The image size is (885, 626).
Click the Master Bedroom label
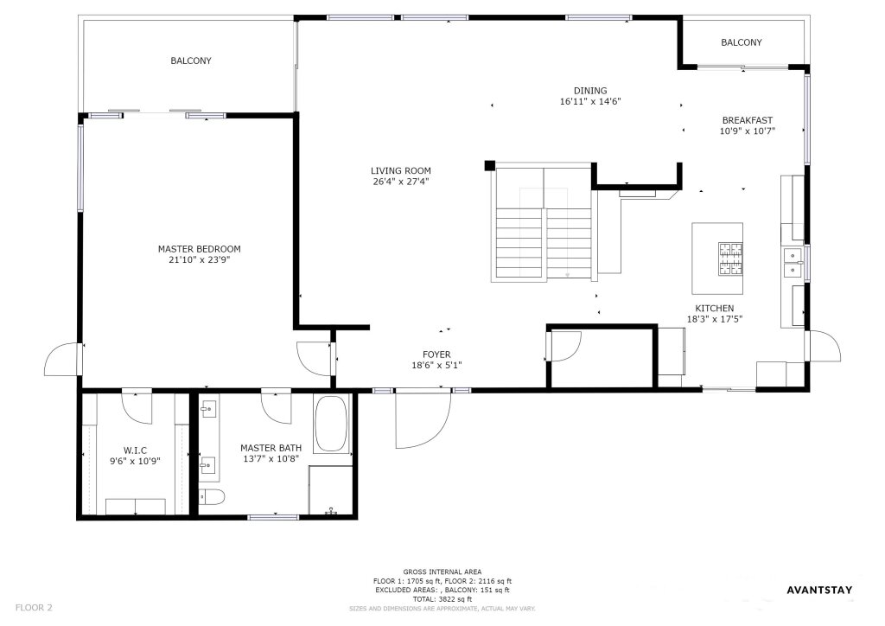tap(200, 249)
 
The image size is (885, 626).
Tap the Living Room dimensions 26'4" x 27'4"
tap(401, 182)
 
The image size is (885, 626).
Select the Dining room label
tap(590, 90)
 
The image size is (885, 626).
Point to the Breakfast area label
tap(748, 120)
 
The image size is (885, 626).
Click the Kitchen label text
tap(715, 308)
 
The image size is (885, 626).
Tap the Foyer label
tap(436, 355)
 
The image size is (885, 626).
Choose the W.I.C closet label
tap(135, 450)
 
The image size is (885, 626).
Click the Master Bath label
tap(271, 448)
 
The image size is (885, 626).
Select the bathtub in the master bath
tap(331, 424)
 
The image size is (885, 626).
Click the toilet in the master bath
tap(213, 496)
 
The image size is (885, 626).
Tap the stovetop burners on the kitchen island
tap(730, 259)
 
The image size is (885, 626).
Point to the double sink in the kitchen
tap(793, 263)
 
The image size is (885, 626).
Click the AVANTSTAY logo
tap(819, 591)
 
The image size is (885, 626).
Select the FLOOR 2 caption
tap(34, 608)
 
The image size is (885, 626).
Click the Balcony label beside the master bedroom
tap(191, 61)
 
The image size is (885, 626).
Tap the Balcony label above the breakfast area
tap(742, 42)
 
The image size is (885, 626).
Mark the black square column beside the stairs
tap(490, 165)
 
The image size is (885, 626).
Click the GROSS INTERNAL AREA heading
tap(442, 572)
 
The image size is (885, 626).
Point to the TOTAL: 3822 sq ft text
tap(442, 599)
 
